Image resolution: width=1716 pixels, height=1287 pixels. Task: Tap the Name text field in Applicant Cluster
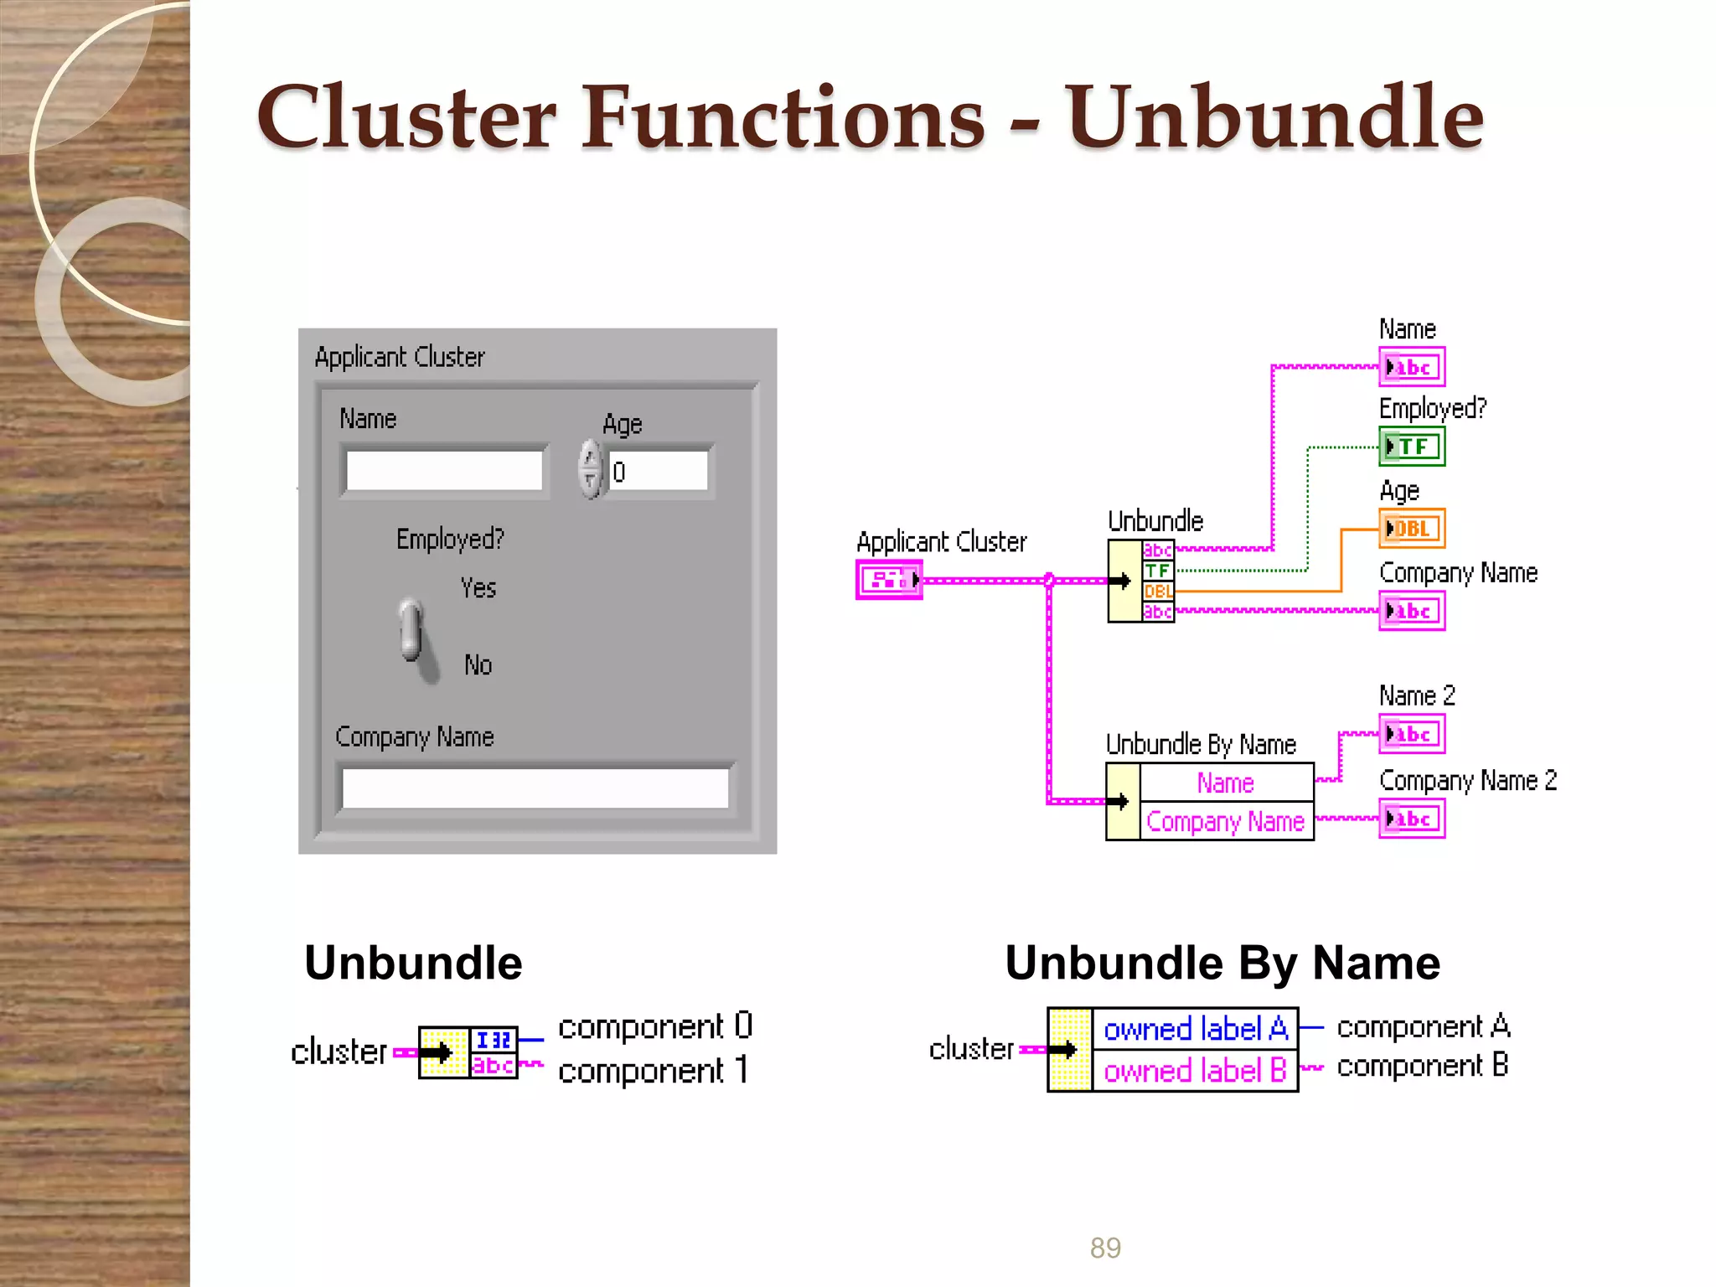tap(444, 471)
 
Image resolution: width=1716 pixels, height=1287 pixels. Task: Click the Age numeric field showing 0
tap(658, 471)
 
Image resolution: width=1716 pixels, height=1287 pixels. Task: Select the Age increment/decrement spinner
tap(591, 469)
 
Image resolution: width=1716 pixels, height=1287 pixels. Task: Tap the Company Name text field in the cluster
tap(535, 788)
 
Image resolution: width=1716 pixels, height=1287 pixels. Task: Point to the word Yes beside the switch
tap(478, 588)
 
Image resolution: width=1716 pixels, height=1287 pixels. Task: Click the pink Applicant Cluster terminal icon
tap(889, 580)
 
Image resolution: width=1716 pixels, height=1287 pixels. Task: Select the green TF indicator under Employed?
tap(1412, 447)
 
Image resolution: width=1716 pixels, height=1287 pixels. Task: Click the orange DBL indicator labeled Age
tap(1412, 529)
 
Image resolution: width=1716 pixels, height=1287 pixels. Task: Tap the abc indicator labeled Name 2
tap(1412, 735)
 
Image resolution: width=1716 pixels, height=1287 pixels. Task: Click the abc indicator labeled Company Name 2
tap(1412, 819)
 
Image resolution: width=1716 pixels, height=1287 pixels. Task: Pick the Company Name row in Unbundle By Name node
tap(1225, 821)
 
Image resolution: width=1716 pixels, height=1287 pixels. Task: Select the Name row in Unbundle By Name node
tap(1225, 783)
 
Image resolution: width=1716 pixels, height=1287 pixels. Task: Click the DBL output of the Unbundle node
tap(1158, 592)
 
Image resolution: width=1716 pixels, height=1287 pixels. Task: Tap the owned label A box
tap(1195, 1029)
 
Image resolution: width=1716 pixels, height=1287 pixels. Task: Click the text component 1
tap(654, 1071)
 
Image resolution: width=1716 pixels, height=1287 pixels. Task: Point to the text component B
tap(1422, 1066)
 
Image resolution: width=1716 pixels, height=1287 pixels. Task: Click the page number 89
tap(1105, 1248)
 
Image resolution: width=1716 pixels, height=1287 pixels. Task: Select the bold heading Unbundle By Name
tap(1222, 963)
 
